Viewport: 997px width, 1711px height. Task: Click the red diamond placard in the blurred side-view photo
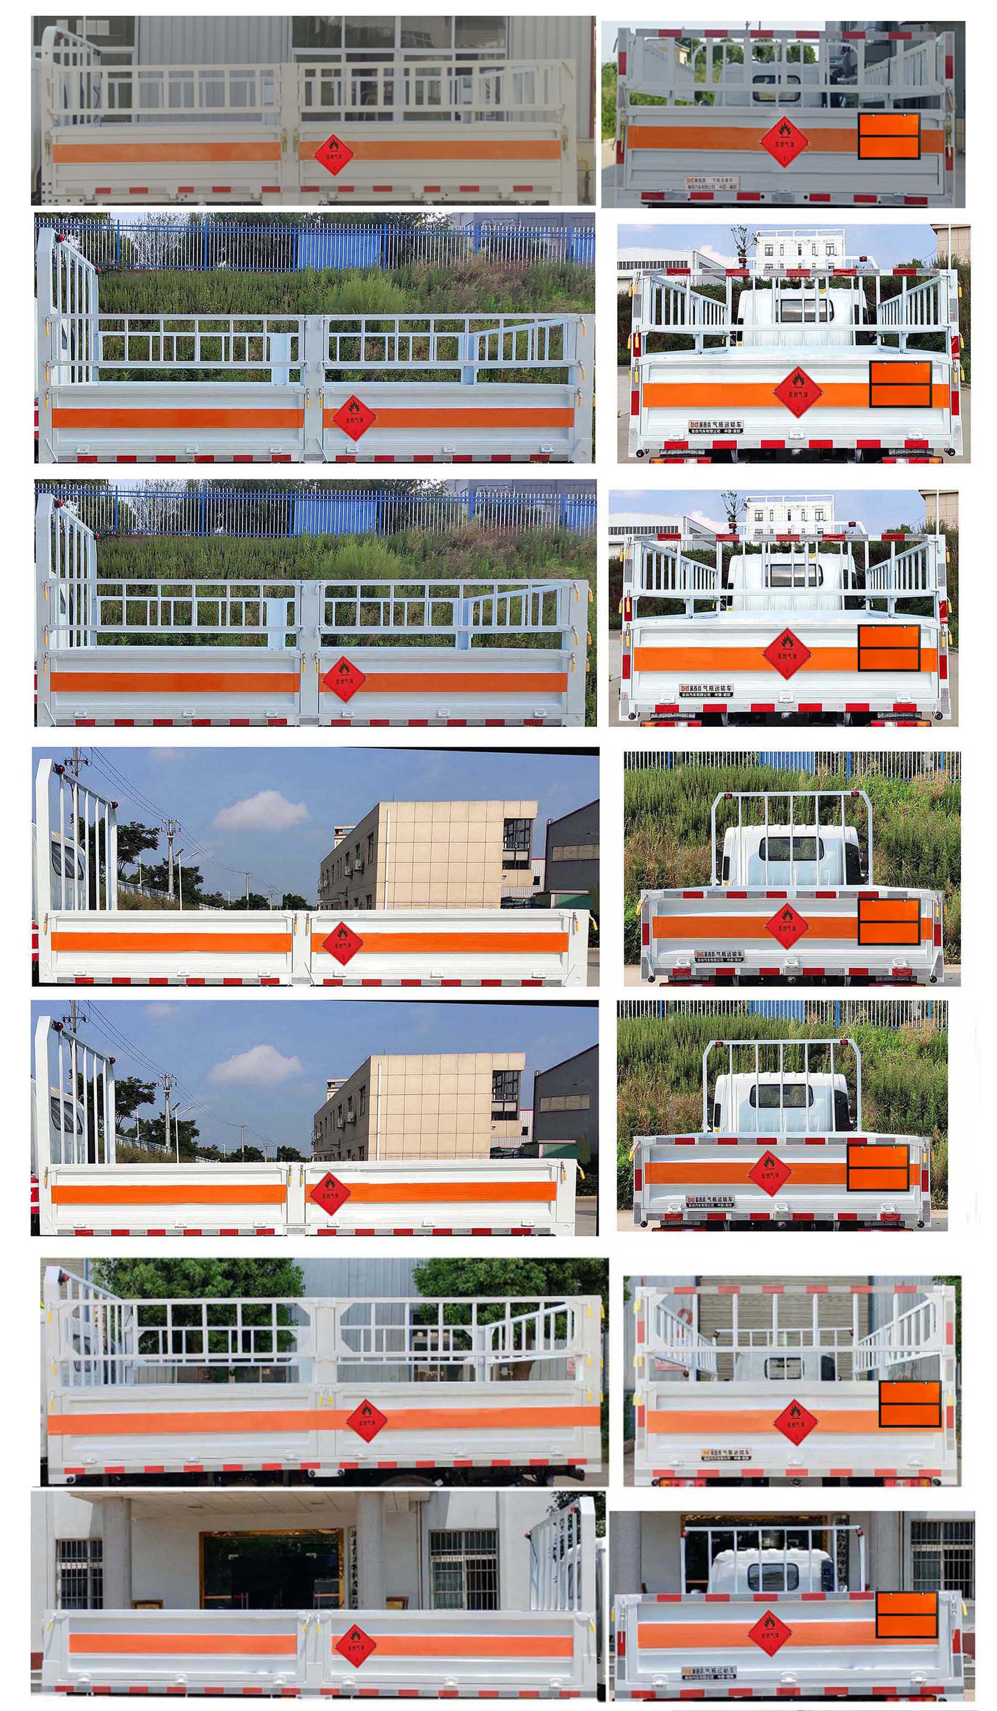point(333,154)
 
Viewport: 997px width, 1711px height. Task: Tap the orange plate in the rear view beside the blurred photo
point(888,136)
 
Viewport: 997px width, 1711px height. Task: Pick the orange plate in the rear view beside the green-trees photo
point(909,1404)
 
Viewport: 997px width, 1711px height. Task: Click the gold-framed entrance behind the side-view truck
point(272,1568)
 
